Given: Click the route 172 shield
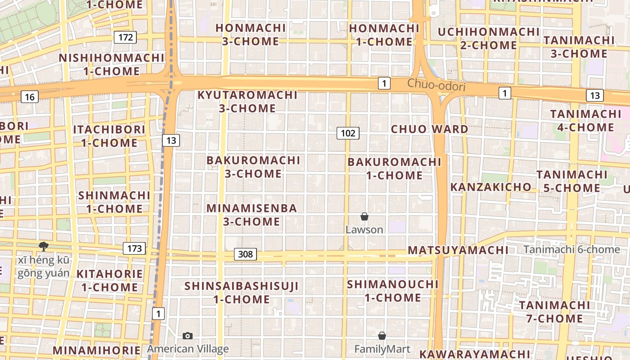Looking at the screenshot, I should tap(125, 37).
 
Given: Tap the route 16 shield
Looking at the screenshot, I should tap(30, 97).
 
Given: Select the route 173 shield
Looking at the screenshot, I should tap(135, 248).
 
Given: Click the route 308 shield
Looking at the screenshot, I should tap(245, 254).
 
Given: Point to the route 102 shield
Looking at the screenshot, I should tap(348, 133).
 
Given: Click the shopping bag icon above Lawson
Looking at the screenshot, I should tap(364, 217).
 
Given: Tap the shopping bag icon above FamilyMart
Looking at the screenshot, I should tap(382, 336).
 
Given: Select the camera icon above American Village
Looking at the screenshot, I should tap(188, 336).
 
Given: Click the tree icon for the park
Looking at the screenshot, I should tap(44, 246).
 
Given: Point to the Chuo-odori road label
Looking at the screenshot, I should tap(436, 85).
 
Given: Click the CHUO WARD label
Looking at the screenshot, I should tap(429, 129).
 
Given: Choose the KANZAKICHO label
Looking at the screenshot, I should tap(490, 187).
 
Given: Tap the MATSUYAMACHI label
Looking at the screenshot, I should tap(458, 250).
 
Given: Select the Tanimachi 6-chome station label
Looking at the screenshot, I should tap(571, 250).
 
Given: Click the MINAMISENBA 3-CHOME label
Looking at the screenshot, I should tap(252, 215).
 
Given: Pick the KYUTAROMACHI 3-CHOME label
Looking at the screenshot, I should tap(247, 102).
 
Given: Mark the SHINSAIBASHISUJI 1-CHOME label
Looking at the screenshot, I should tap(242, 292).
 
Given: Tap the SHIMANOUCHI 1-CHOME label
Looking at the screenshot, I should tap(392, 291).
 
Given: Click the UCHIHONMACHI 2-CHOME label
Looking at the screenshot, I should tap(488, 39).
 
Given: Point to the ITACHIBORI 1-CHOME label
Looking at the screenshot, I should tap(109, 136).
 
